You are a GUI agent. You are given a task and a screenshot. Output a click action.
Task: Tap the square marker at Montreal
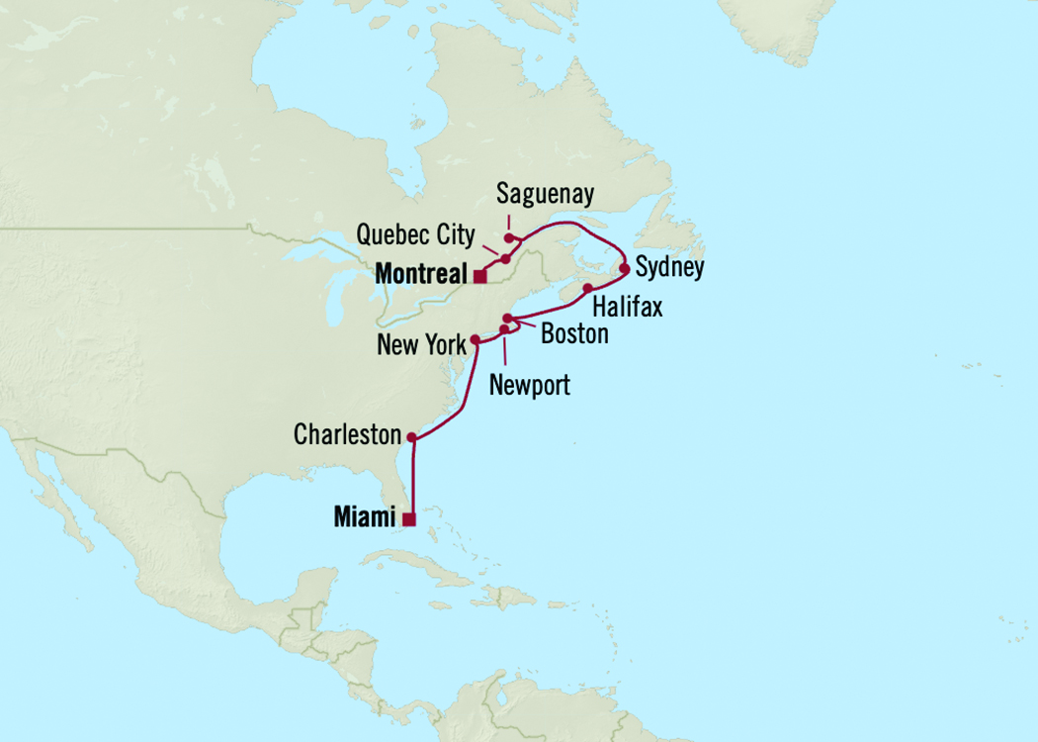click(x=479, y=276)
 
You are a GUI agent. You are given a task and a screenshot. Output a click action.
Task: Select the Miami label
click(x=365, y=517)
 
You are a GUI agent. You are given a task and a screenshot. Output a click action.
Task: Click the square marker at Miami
click(x=409, y=518)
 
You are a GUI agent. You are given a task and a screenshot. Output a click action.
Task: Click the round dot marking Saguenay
click(x=509, y=237)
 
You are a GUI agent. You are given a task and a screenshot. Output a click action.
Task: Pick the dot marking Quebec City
click(x=505, y=259)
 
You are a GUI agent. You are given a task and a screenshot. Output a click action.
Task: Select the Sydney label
click(x=669, y=268)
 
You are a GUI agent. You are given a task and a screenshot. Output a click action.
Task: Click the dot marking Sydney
click(x=624, y=269)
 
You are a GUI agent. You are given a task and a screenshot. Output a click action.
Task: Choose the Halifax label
click(x=627, y=307)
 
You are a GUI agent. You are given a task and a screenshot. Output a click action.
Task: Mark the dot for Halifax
click(x=588, y=288)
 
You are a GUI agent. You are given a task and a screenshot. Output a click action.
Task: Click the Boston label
click(x=574, y=334)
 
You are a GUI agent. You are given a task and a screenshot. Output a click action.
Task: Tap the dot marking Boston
click(x=507, y=318)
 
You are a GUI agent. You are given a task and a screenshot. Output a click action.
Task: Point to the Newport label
click(x=530, y=385)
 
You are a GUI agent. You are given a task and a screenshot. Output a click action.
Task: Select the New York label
click(x=421, y=345)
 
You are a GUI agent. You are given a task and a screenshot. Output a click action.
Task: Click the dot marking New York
click(x=476, y=339)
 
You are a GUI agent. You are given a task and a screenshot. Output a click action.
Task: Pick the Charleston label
click(x=348, y=435)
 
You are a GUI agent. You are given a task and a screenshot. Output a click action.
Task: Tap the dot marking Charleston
click(x=411, y=436)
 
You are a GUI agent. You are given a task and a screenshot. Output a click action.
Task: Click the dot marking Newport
click(x=504, y=329)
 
